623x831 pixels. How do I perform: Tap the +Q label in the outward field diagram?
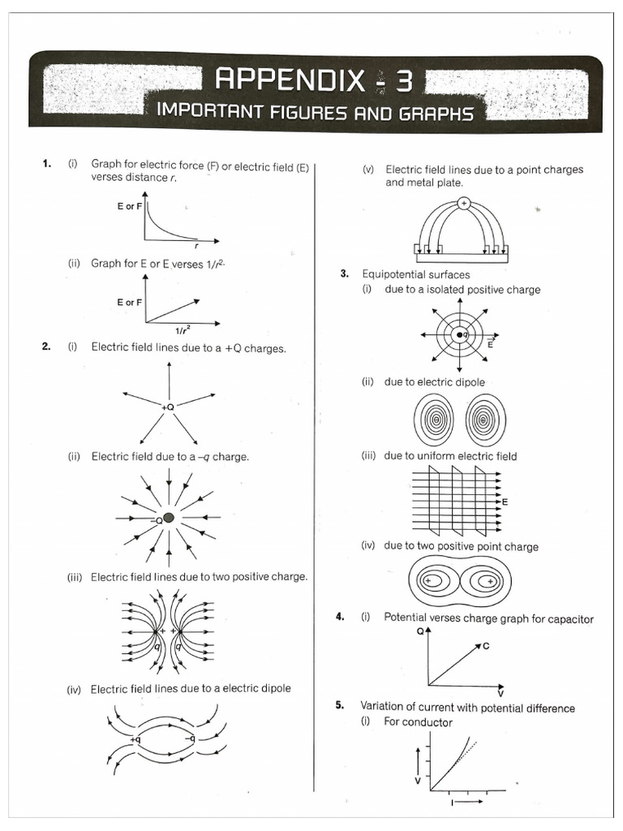168,407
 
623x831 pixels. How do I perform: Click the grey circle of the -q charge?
169,518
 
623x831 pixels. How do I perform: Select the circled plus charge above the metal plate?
463,204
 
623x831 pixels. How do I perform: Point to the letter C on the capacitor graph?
486,646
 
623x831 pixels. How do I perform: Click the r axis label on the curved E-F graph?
197,243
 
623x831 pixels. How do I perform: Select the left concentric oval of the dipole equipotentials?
436,420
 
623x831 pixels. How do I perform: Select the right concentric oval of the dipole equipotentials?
484,420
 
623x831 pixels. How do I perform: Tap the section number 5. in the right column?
341,707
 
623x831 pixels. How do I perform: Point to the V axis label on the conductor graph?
418,780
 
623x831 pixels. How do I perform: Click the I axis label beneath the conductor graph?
453,803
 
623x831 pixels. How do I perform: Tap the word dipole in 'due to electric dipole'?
469,382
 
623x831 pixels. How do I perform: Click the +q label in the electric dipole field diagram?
135,740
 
